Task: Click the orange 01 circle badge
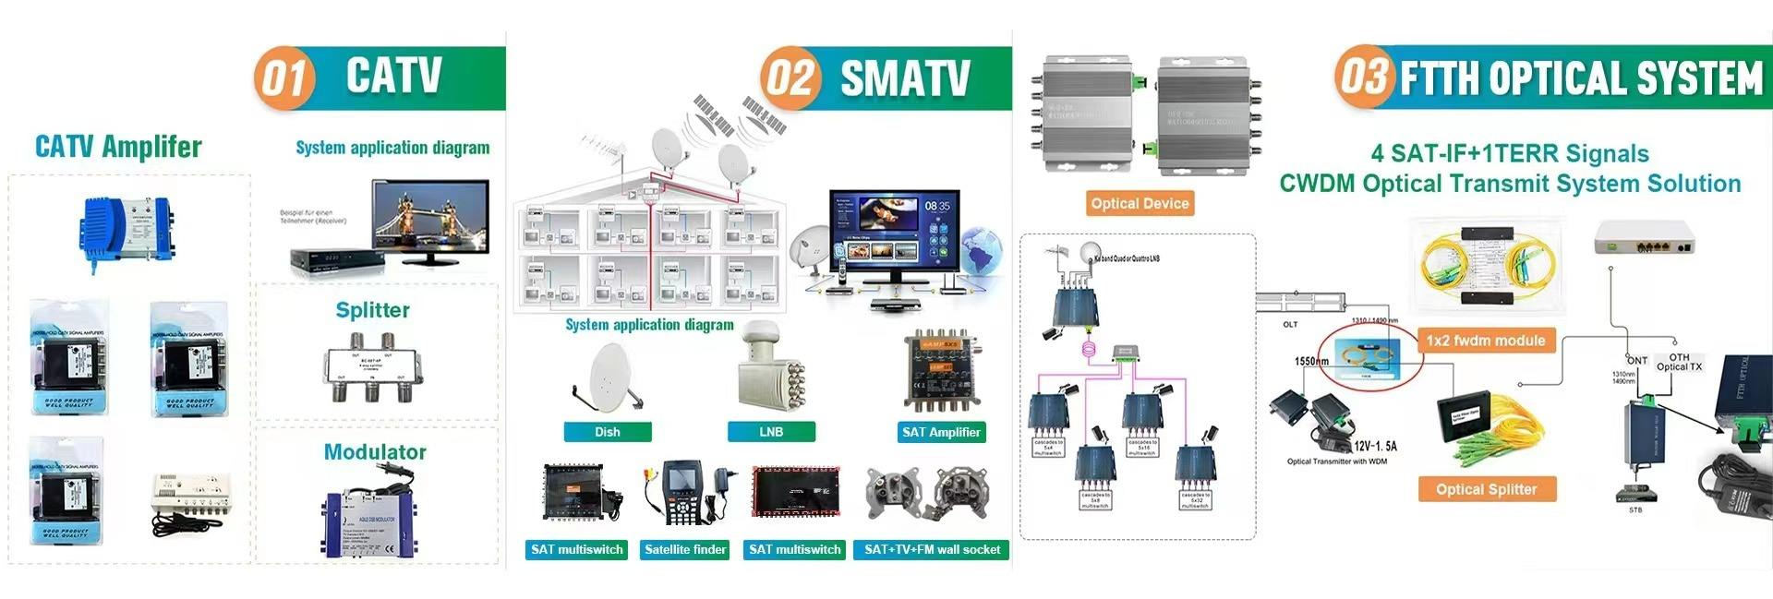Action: pos(283,78)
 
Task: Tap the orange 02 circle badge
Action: pos(790,78)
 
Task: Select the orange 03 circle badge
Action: pos(1364,77)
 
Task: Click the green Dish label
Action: pos(608,432)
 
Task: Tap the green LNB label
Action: pos(771,432)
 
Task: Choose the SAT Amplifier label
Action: pos(941,432)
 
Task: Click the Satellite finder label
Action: pos(685,550)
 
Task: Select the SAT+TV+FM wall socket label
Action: pos(932,550)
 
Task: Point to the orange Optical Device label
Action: pos(1140,203)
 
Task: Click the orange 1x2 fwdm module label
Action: pos(1485,341)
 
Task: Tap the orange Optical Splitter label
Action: pos(1487,489)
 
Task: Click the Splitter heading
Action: pos(373,310)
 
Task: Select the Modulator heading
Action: pos(375,452)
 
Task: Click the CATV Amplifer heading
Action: pos(118,147)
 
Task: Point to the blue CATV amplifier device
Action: pos(127,229)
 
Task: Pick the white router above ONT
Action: pos(1644,238)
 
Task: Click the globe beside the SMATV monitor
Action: pos(982,252)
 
